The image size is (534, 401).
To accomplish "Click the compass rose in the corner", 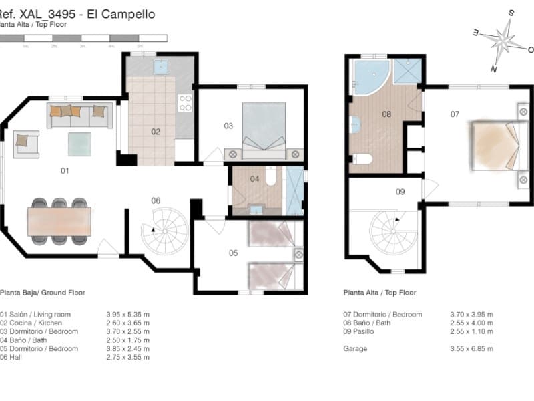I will pos(505,41).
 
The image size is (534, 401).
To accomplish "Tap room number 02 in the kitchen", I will pos(156,132).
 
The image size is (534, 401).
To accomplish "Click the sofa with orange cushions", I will pos(79,115).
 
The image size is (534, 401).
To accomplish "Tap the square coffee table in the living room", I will pos(79,144).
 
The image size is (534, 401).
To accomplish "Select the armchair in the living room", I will pos(26,143).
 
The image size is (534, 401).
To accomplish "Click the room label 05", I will pos(233,253).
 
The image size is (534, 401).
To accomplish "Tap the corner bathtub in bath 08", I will pos(369,76).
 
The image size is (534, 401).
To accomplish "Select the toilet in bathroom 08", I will pos(360,159).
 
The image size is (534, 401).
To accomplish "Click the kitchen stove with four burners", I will pos(185,102).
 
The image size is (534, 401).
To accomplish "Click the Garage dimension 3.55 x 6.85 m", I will pos(471,348).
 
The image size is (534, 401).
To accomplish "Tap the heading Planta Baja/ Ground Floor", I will pos(43,293).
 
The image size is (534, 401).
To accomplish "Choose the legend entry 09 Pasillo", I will pos(364,331).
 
